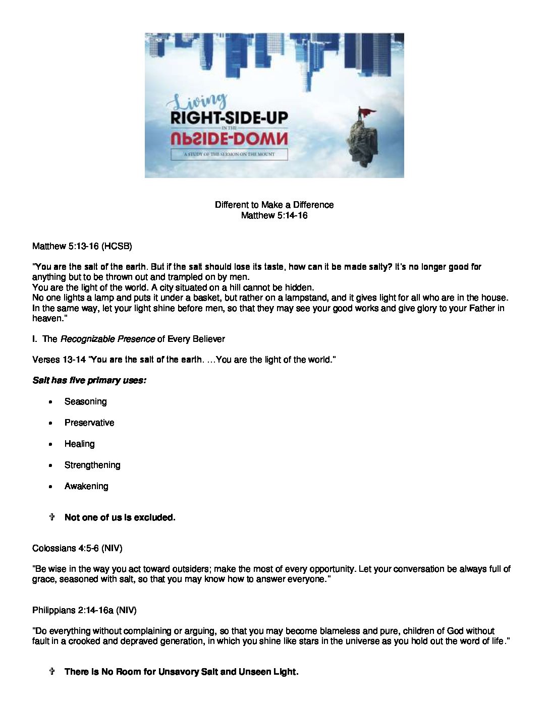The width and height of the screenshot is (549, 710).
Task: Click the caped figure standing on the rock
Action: [360, 114]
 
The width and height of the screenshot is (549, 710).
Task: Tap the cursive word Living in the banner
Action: [200, 101]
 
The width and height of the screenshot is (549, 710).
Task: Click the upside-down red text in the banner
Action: [229, 138]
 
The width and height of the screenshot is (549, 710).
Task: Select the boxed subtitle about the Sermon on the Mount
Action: [229, 154]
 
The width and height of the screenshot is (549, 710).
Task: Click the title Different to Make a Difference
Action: [274, 205]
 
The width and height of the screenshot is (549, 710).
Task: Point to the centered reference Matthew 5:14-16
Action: [274, 215]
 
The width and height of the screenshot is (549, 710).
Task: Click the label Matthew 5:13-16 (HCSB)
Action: [82, 246]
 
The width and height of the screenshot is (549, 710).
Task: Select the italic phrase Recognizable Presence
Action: [107, 339]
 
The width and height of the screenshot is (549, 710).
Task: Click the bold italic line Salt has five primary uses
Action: [89, 380]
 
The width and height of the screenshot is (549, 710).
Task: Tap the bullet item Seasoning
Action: [85, 401]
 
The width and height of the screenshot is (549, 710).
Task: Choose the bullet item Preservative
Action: [89, 423]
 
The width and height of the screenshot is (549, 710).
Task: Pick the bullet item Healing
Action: [79, 444]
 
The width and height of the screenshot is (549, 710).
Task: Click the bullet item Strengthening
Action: [92, 465]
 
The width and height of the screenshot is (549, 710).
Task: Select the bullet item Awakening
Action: [86, 486]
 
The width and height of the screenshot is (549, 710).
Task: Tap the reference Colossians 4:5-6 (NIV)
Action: [77, 548]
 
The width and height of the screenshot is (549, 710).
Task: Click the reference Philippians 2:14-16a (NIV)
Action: [84, 610]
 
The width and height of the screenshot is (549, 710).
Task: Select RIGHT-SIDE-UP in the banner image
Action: [229, 118]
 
